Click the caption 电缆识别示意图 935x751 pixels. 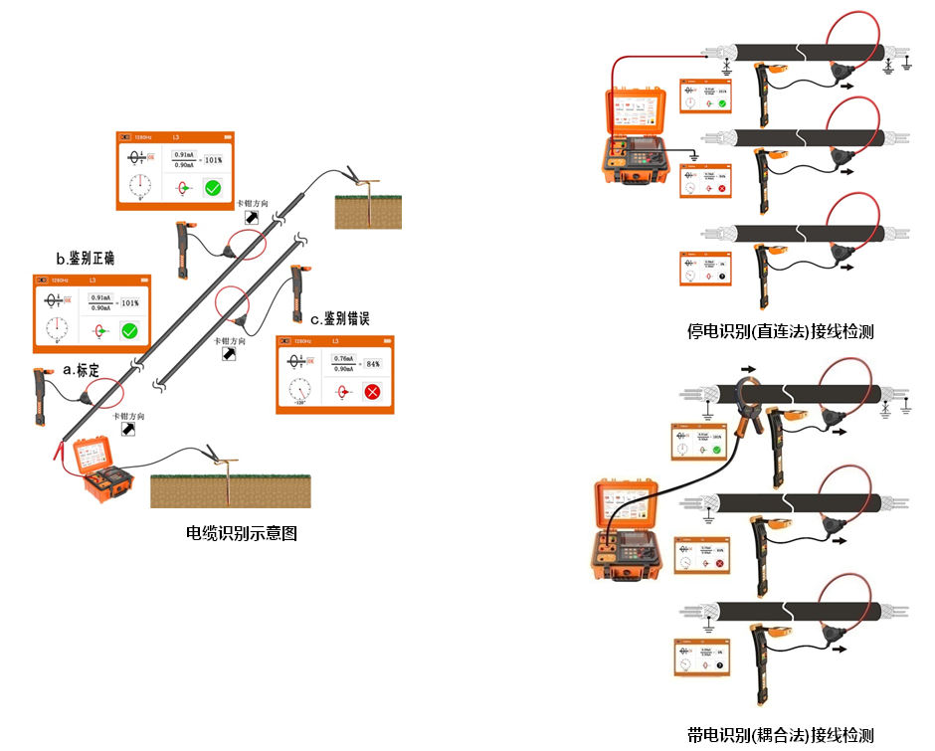tap(242, 534)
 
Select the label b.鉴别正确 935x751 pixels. tap(86, 259)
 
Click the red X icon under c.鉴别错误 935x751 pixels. tap(372, 391)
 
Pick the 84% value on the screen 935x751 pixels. tap(373, 363)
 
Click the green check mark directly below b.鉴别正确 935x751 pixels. tap(128, 331)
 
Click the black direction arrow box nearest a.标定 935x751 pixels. tap(128, 429)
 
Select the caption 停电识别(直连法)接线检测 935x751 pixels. tap(780, 331)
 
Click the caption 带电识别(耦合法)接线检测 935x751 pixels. tap(780, 735)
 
